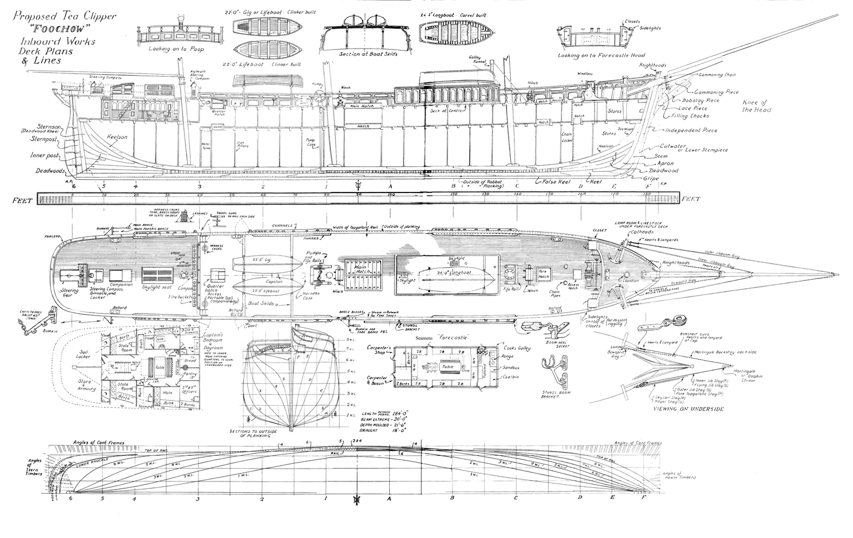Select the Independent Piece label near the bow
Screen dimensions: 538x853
(x=691, y=130)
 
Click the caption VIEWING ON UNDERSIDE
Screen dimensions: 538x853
(x=688, y=408)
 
